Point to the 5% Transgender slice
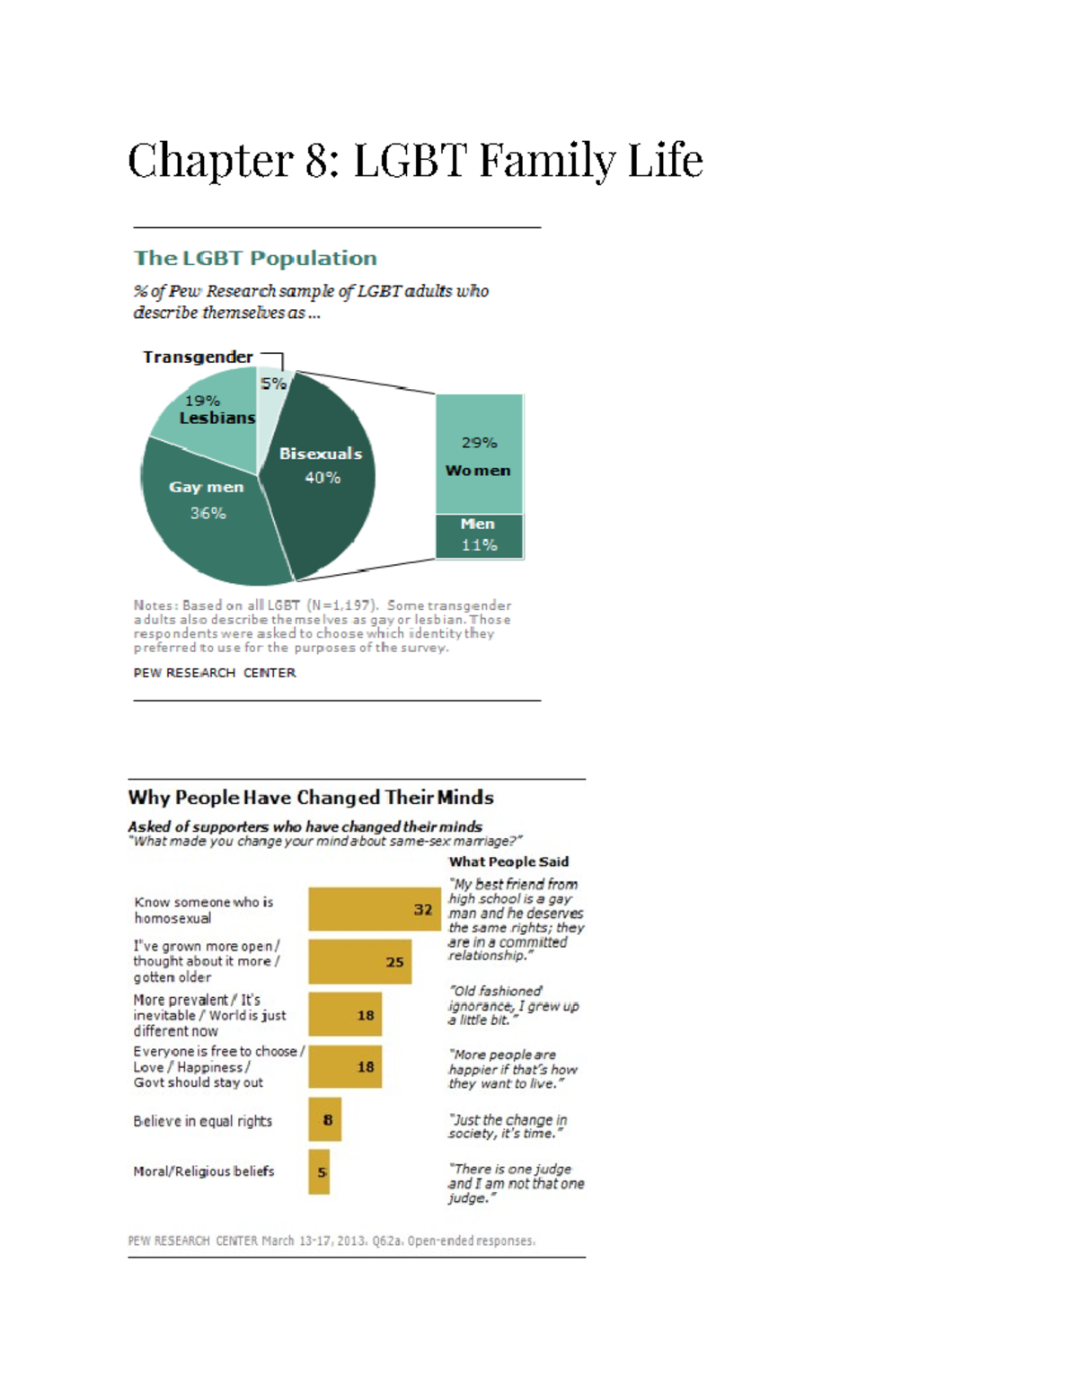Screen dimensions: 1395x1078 271,395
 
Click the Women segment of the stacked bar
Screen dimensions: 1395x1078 479,454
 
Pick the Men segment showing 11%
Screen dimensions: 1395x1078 479,536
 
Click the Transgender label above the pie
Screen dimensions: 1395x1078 198,357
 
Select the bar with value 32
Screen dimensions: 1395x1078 374,909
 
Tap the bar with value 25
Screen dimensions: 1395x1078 359,961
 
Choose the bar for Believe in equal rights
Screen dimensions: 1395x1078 324,1119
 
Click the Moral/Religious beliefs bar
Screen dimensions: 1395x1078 319,1171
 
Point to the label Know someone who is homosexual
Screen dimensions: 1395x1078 203,910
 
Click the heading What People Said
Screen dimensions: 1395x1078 508,861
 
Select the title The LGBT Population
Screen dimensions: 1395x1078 255,258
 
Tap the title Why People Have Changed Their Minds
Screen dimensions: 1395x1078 311,798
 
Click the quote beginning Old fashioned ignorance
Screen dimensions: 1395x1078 513,1005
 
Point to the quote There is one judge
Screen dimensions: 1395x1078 516,1183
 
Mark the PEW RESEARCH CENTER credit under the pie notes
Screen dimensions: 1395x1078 214,673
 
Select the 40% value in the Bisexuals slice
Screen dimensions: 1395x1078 323,478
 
